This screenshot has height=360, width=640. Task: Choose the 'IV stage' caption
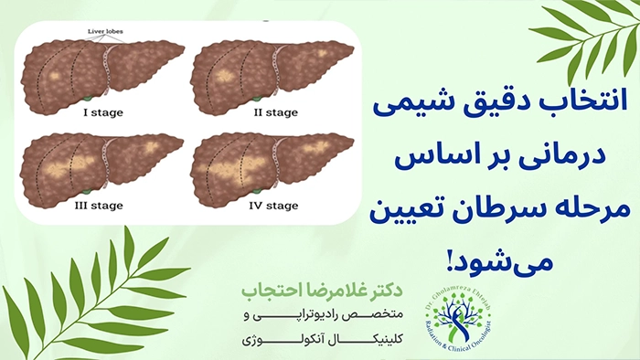[x=274, y=207]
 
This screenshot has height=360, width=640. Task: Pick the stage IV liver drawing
[x=270, y=164]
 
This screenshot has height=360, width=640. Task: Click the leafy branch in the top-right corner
[x=585, y=37]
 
